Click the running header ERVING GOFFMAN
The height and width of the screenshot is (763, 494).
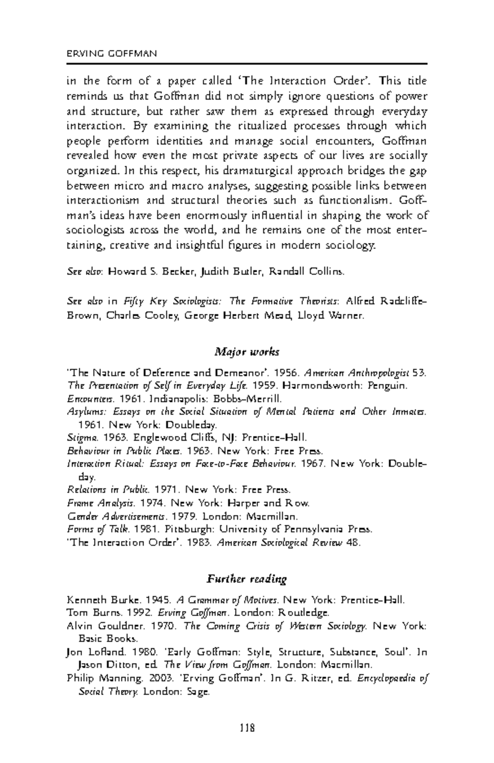[x=112, y=54]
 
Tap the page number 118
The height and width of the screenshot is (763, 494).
[x=247, y=728]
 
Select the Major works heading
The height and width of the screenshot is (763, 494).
[x=247, y=352]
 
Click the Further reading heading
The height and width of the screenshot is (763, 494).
[x=247, y=579]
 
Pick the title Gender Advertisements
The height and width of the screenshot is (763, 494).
[x=117, y=516]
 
